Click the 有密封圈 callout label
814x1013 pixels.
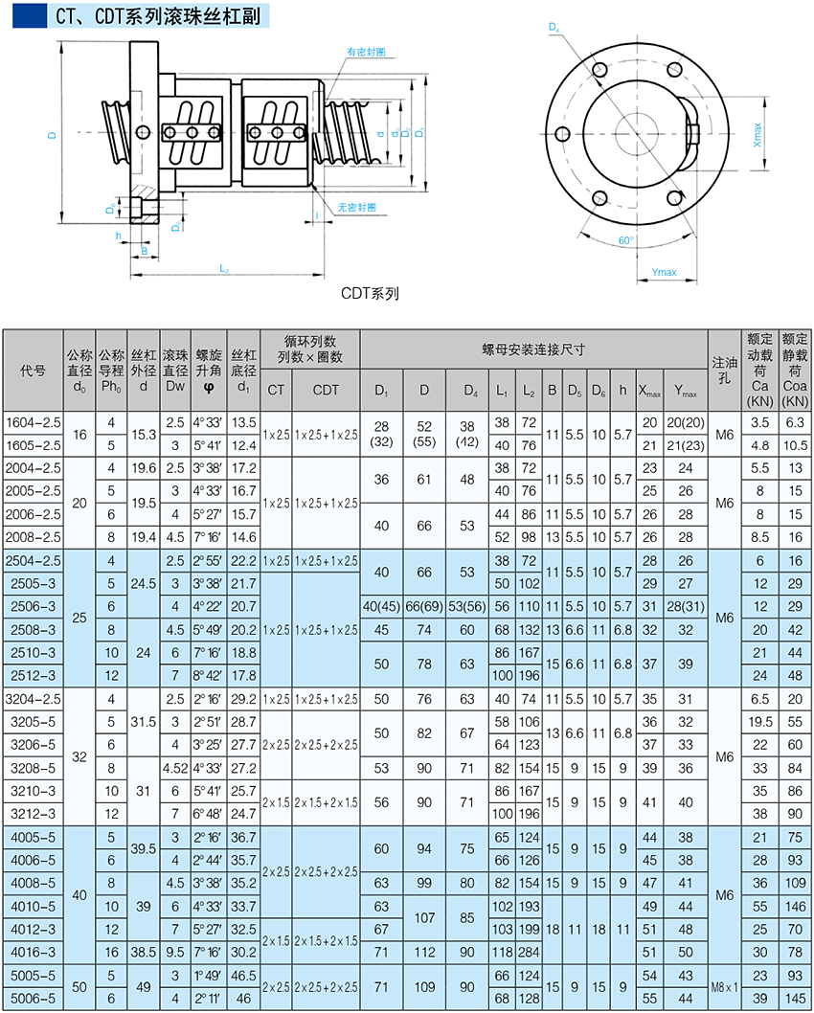click(x=366, y=53)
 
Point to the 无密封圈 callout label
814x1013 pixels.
click(x=356, y=207)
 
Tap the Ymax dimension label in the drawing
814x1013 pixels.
click(x=664, y=273)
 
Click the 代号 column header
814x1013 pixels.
click(x=34, y=371)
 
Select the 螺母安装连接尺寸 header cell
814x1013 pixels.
click(x=533, y=351)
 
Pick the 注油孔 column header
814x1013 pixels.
click(x=724, y=371)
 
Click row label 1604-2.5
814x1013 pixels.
click(x=34, y=422)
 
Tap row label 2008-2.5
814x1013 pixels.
click(x=34, y=537)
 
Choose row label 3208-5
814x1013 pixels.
click(x=34, y=767)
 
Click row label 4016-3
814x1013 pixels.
click(x=34, y=951)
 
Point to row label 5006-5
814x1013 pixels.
click(x=34, y=997)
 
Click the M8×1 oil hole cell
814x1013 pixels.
click(x=724, y=985)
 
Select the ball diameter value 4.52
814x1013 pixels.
click(x=174, y=767)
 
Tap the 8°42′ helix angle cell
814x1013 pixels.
click(x=208, y=675)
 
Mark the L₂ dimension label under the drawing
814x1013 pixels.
click(x=223, y=268)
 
